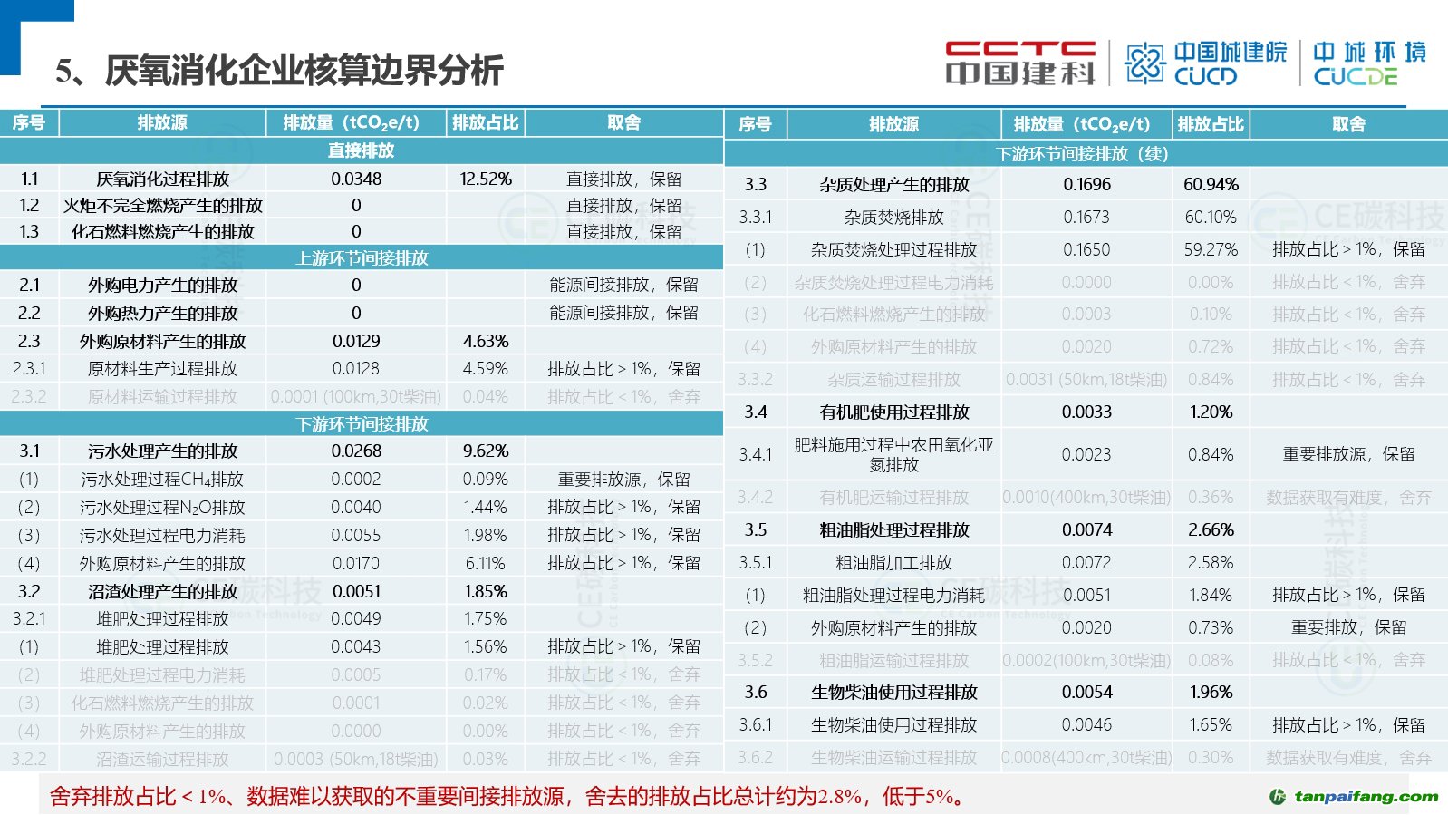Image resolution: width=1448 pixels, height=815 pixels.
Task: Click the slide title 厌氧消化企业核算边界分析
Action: (304, 71)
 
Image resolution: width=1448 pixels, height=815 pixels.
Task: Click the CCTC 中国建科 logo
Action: (1019, 63)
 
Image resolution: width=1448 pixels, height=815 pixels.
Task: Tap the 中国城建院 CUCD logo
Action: (1205, 63)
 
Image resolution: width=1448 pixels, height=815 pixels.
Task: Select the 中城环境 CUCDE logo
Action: (1369, 63)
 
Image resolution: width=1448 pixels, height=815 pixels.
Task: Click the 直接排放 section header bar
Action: (361, 150)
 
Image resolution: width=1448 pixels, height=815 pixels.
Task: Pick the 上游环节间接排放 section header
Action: (361, 258)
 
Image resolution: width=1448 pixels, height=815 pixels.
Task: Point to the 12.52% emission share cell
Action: (486, 179)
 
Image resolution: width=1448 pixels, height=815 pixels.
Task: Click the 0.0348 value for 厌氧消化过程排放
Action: (356, 179)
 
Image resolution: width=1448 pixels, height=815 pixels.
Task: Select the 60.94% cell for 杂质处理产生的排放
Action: (1211, 185)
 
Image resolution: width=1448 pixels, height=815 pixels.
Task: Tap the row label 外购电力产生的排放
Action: (162, 286)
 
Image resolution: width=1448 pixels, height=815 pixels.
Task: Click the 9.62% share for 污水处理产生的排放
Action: (486, 451)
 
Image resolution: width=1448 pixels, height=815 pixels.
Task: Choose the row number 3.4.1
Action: (755, 455)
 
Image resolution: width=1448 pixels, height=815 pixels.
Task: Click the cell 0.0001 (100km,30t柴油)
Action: (356, 397)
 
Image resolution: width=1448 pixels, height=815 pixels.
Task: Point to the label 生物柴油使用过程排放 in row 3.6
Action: (893, 693)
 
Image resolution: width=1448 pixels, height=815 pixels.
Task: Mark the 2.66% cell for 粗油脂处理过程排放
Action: (1211, 530)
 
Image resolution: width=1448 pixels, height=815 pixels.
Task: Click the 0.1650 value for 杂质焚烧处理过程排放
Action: (1086, 250)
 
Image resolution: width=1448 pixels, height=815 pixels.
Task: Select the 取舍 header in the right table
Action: (1348, 124)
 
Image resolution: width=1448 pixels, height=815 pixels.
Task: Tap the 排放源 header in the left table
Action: (162, 122)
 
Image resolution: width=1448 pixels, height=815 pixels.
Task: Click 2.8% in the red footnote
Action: (840, 797)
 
